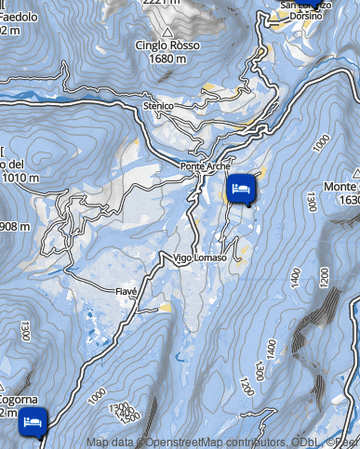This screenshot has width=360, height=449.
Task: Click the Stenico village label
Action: (158, 107)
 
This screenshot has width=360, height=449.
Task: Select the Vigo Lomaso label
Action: (199, 258)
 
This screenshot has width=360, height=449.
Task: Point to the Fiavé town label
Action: (126, 292)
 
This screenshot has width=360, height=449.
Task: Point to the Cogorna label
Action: (19, 401)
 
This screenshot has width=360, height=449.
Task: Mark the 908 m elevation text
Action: (15, 227)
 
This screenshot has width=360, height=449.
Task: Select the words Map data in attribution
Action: (112, 442)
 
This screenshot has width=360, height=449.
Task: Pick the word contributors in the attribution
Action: (254, 442)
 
